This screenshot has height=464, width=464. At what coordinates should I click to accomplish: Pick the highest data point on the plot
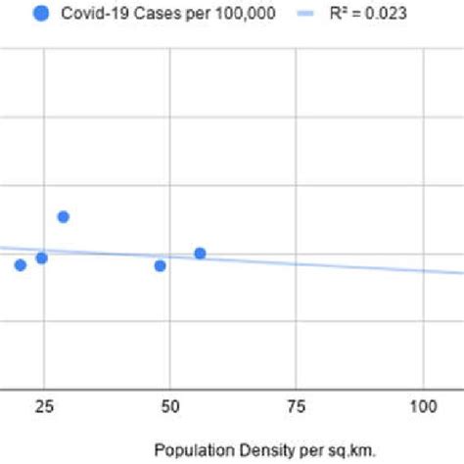63,216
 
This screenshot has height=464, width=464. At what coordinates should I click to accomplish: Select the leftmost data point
20,265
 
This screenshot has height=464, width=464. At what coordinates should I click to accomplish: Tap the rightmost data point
200,254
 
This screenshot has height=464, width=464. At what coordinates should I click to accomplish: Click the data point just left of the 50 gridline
161,265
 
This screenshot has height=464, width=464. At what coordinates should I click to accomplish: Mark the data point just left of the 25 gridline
41,258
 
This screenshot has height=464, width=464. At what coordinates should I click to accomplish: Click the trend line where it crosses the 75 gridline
297,262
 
